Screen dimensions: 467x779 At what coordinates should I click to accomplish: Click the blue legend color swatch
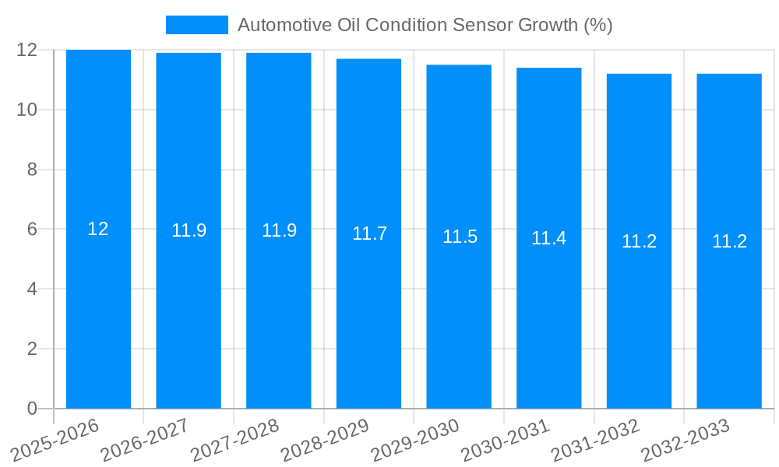196,25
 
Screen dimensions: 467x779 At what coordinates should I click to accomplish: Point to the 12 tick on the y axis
27,50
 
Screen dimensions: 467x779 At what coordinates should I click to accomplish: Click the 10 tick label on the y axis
27,110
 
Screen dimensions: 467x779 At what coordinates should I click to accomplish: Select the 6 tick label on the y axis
32,230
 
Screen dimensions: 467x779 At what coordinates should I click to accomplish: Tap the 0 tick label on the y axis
32,409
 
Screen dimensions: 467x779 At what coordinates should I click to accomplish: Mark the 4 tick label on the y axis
32,290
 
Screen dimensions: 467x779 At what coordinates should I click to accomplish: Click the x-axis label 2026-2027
146,440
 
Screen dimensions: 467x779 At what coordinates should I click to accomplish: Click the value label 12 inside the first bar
98,229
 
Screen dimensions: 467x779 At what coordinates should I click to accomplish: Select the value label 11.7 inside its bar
369,233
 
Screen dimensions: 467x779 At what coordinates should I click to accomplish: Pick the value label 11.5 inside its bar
460,237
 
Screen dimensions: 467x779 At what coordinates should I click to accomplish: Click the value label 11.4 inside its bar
548,238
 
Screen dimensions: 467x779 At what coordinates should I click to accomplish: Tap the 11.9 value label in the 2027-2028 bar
279,230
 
